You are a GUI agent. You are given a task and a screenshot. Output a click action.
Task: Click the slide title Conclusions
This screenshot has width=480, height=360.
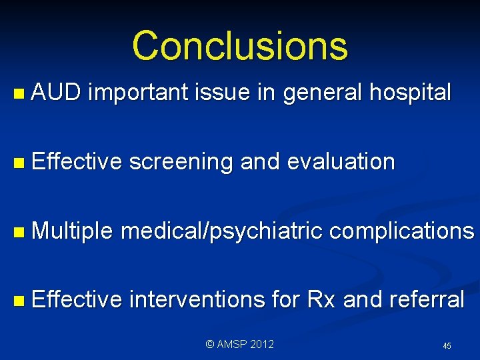[x=239, y=46]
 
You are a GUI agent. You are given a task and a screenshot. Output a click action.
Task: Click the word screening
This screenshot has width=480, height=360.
[x=180, y=162]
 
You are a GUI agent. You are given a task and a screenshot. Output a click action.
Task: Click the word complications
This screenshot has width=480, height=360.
[x=401, y=231]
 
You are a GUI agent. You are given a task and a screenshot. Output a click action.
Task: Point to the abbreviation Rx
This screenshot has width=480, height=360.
[x=321, y=299]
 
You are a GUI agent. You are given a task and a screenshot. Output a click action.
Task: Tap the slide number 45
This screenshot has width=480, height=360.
[x=447, y=346]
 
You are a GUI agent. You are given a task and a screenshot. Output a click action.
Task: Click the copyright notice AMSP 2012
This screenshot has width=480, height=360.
[x=239, y=345]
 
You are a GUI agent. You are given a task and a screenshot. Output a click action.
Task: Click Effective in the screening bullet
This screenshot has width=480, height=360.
[x=76, y=162]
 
